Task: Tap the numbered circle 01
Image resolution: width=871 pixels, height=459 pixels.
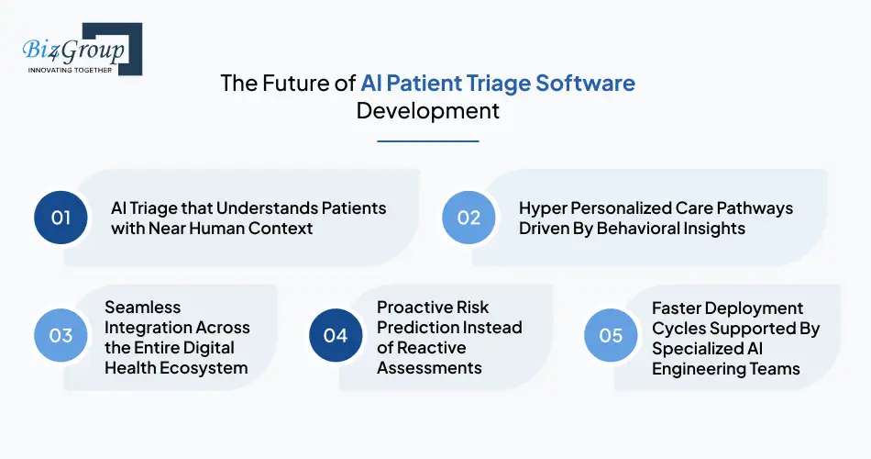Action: pyautogui.click(x=61, y=218)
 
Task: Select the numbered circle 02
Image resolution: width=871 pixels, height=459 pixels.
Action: pyautogui.click(x=469, y=218)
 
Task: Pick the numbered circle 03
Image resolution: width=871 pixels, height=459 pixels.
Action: pyautogui.click(x=61, y=335)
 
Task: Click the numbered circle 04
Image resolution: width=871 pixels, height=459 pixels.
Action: pyautogui.click(x=336, y=335)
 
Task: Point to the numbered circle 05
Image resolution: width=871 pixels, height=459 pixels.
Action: pyautogui.click(x=611, y=335)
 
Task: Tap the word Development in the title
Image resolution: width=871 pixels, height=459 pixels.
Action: pyautogui.click(x=428, y=111)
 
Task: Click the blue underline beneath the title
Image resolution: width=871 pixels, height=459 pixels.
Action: pyautogui.click(x=428, y=141)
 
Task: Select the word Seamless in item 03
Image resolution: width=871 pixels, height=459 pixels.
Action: pyautogui.click(x=142, y=308)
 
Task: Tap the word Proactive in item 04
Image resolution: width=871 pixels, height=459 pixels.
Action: pyautogui.click(x=415, y=308)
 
